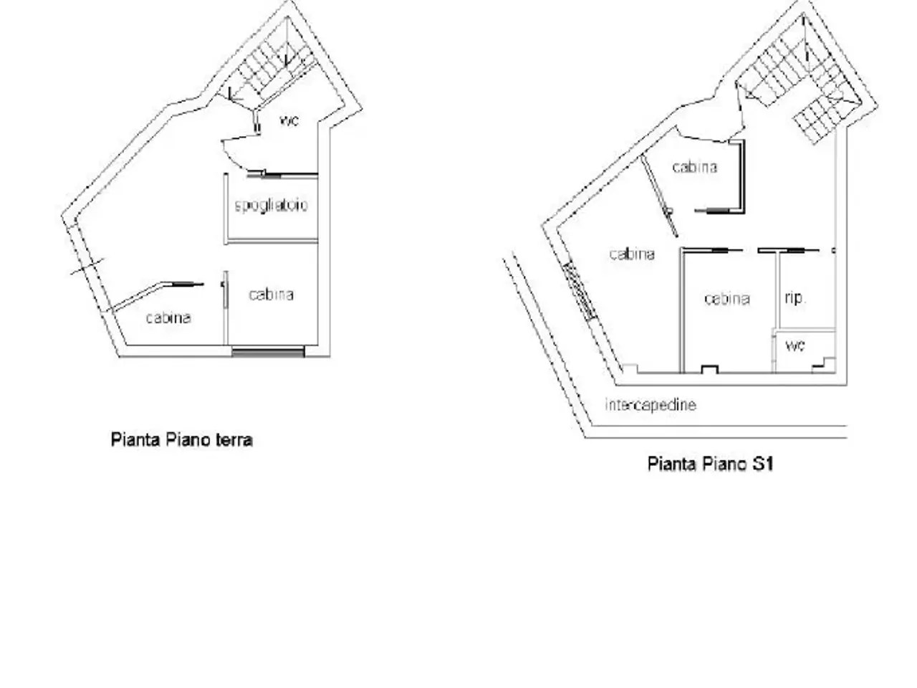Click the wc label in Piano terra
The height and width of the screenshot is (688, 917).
(x=289, y=120)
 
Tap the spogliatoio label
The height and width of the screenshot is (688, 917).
(x=271, y=205)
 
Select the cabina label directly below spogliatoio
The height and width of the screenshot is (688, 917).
(x=271, y=295)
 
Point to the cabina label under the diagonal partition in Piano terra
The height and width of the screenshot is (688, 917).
(x=168, y=317)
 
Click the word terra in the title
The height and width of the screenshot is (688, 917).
(x=234, y=440)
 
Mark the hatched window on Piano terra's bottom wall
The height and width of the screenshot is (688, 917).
(x=268, y=352)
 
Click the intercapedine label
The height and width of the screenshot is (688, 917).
(x=650, y=404)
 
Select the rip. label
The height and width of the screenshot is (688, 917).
(x=795, y=298)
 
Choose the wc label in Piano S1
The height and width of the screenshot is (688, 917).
(x=795, y=345)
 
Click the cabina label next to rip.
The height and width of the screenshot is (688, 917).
(x=727, y=298)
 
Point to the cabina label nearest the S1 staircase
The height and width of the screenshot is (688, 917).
(x=695, y=167)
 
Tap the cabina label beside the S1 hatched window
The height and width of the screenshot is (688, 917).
(x=632, y=254)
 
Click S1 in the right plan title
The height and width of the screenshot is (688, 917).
(x=762, y=464)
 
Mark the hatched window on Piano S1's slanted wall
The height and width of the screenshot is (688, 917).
(x=580, y=290)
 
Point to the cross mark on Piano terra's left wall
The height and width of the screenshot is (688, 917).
(x=87, y=267)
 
